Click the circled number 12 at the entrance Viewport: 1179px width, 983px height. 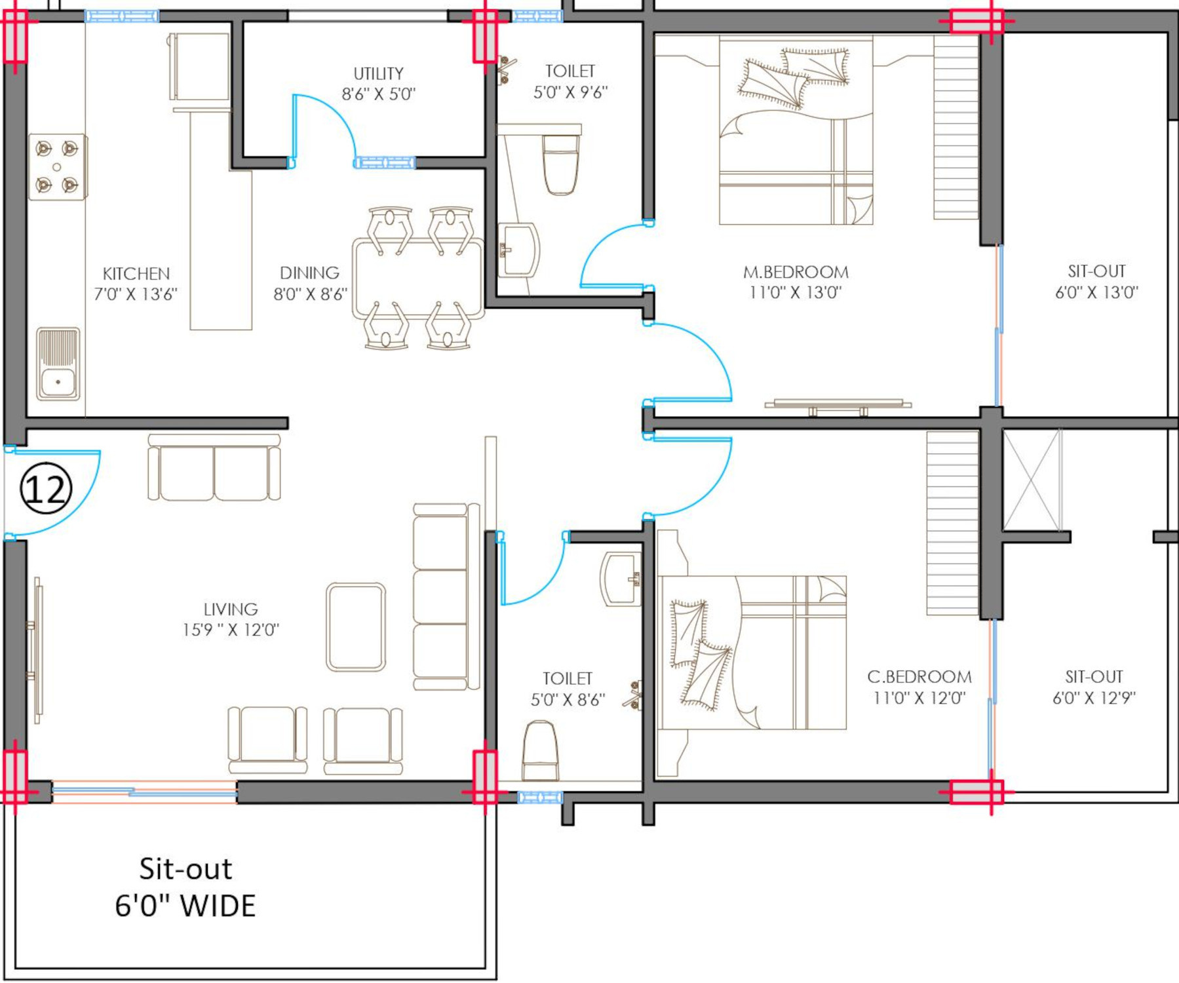point(46,488)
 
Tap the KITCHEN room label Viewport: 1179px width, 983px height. point(136,273)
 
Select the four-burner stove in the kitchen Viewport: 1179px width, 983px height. point(58,167)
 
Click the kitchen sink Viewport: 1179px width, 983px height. point(58,364)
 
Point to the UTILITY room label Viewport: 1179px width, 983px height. point(379,73)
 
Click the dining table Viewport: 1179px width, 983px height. point(418,279)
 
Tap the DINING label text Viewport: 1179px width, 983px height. point(309,273)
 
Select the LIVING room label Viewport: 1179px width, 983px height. point(231,609)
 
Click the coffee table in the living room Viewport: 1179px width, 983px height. point(356,627)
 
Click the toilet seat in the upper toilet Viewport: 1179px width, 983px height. point(562,164)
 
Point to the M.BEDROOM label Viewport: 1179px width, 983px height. point(796,272)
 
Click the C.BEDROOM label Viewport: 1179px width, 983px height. point(919,677)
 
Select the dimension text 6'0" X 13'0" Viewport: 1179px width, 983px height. point(1097,292)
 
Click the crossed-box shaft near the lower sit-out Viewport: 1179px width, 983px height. point(1032,480)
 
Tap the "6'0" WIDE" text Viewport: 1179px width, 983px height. point(185,906)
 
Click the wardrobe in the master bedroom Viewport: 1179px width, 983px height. point(956,126)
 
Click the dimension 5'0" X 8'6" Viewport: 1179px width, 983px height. point(568,700)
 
